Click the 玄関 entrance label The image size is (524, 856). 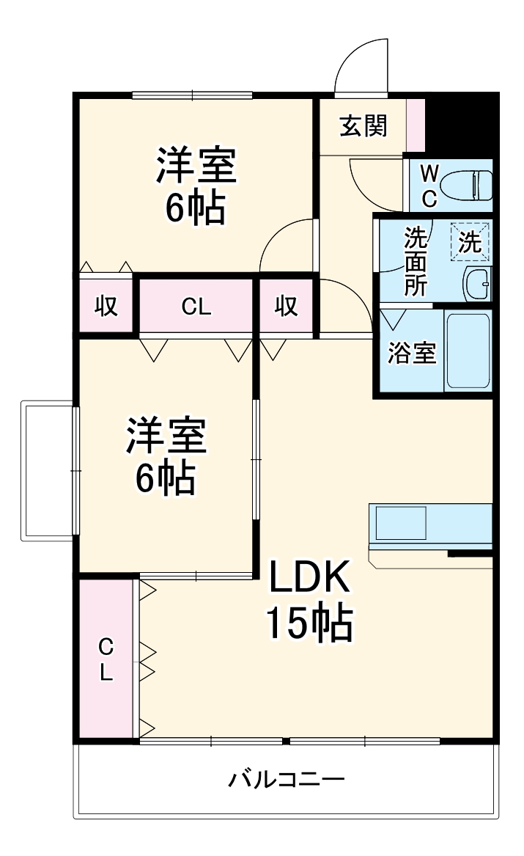(x=363, y=127)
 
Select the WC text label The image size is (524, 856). (x=429, y=185)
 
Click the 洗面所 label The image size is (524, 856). (x=416, y=261)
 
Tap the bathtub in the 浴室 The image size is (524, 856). (x=468, y=353)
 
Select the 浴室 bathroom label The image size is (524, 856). (x=411, y=354)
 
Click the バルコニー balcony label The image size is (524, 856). (x=286, y=778)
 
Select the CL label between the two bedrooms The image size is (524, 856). (x=196, y=307)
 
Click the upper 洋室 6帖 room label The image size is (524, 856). (x=195, y=187)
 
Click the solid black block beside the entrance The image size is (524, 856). (x=460, y=122)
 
